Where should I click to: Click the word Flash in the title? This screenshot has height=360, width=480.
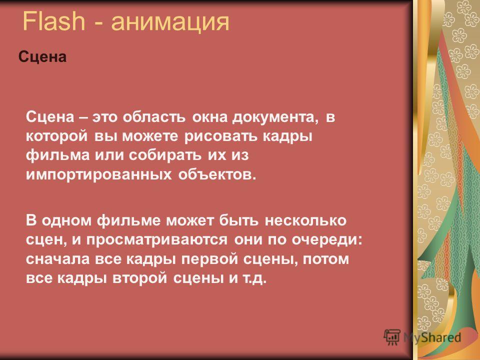[53, 21]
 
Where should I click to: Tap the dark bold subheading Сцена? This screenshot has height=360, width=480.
[42, 56]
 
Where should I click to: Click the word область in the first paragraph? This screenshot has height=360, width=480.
[154, 117]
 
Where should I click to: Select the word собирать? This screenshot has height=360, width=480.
[165, 155]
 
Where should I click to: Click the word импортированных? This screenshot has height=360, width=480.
[99, 175]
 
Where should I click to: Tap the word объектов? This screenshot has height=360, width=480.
[216, 174]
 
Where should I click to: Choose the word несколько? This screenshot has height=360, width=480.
[305, 220]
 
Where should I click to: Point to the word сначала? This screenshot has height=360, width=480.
[58, 259]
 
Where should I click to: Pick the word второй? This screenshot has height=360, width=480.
[140, 278]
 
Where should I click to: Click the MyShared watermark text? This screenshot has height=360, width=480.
[432, 337]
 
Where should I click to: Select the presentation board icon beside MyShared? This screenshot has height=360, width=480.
[392, 337]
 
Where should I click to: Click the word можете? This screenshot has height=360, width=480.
[150, 136]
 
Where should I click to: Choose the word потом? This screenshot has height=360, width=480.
[325, 259]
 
